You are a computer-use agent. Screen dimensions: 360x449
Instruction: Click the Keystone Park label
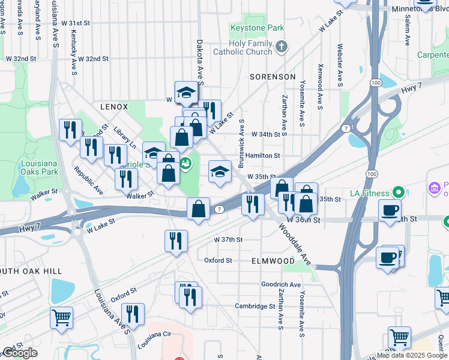(x=258, y=28)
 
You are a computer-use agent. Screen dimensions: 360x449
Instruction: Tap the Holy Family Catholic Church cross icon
(x=280, y=46)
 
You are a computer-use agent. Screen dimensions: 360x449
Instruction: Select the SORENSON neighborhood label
(x=273, y=77)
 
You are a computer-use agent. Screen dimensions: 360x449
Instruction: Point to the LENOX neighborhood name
(x=114, y=107)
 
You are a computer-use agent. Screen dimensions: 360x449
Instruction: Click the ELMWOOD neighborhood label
(x=273, y=261)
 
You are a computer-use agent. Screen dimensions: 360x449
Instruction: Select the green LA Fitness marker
(x=397, y=193)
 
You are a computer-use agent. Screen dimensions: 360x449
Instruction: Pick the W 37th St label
(x=229, y=239)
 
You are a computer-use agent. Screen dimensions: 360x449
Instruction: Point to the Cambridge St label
(x=255, y=306)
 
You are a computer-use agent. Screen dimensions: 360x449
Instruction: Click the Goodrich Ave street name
(x=280, y=284)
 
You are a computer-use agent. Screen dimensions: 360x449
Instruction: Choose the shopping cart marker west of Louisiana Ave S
(x=61, y=317)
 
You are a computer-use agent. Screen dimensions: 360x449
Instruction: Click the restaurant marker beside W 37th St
(x=175, y=241)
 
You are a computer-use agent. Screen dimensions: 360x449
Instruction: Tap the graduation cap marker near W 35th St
(x=220, y=171)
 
